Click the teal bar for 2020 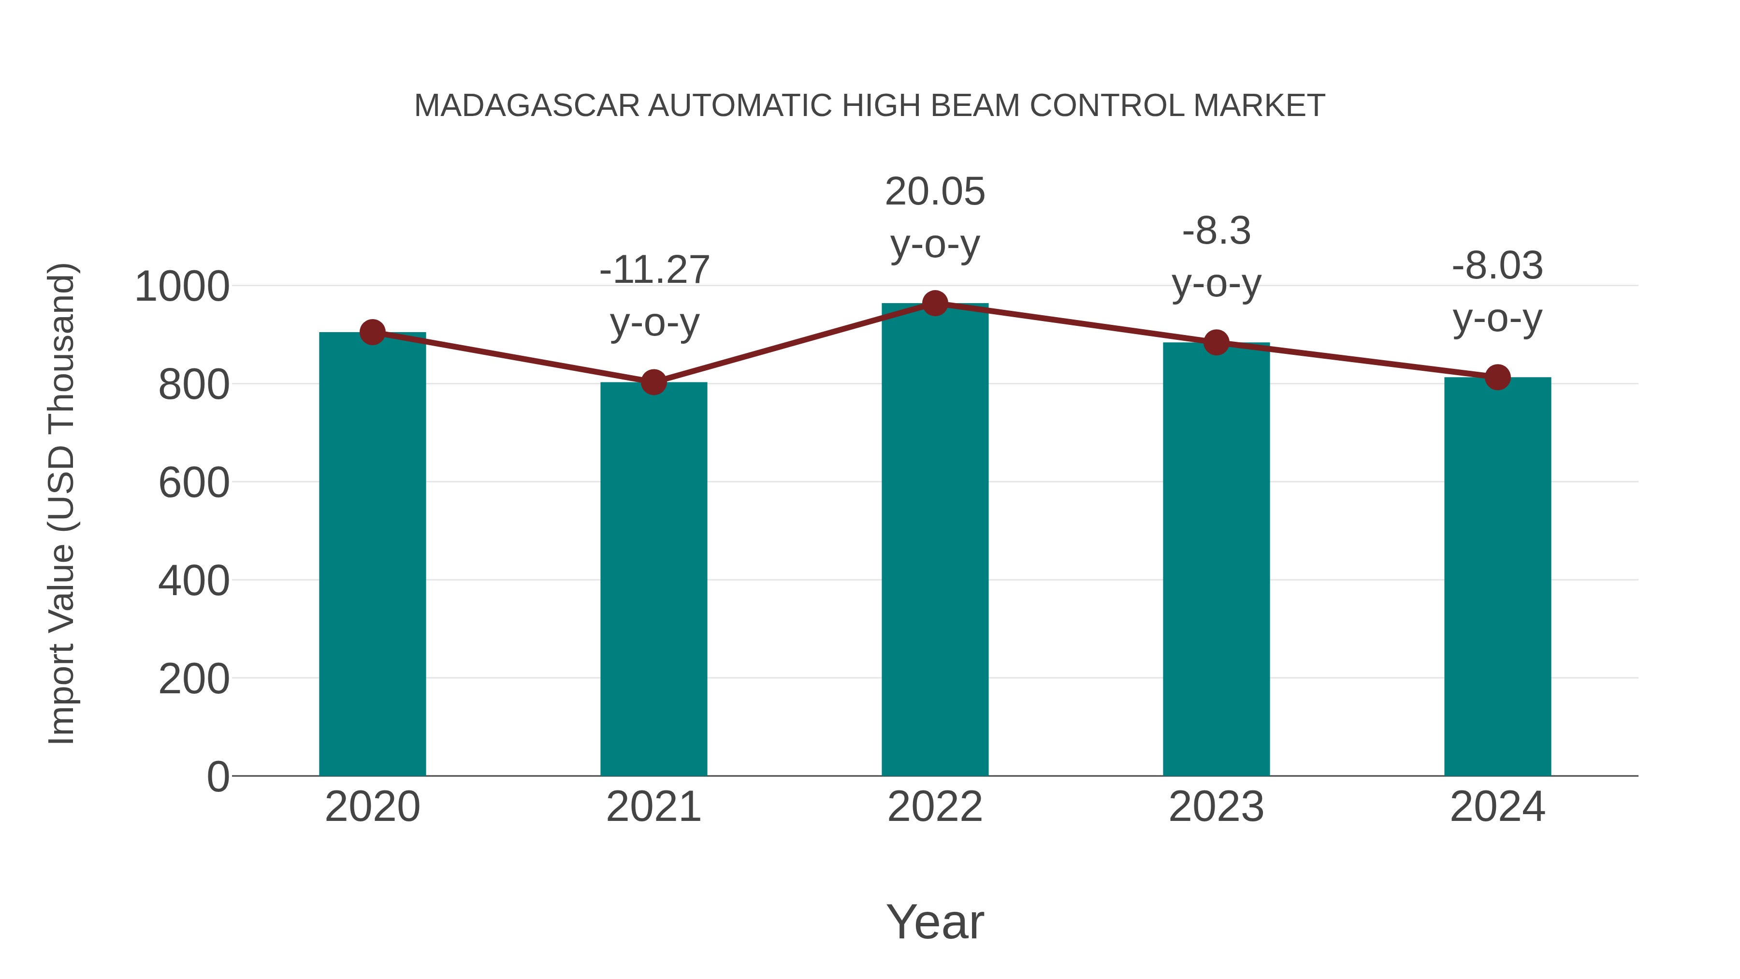pyautogui.click(x=372, y=554)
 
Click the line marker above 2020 pyautogui.click(x=372, y=333)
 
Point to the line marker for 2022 pyautogui.click(x=935, y=303)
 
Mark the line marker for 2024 pyautogui.click(x=1497, y=377)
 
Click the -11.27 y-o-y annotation pyautogui.click(x=654, y=295)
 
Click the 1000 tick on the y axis pyautogui.click(x=182, y=287)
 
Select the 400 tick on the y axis pyautogui.click(x=194, y=580)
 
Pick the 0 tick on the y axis pyautogui.click(x=217, y=776)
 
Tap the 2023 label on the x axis pyautogui.click(x=1216, y=807)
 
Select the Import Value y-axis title pyautogui.click(x=61, y=503)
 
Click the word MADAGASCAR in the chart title pyautogui.click(x=527, y=106)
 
